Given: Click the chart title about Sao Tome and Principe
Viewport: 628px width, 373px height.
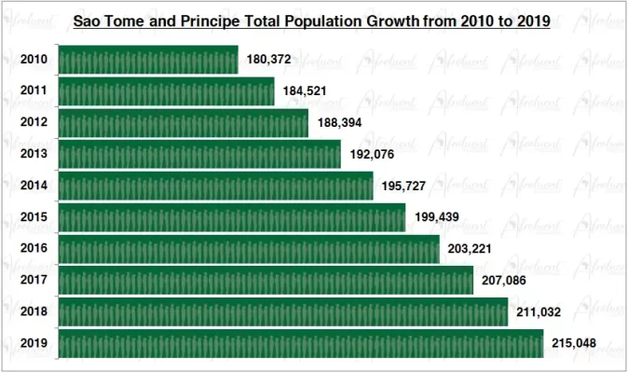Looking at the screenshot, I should pos(312,19).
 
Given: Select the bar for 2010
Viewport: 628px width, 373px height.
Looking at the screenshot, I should pos(148,60).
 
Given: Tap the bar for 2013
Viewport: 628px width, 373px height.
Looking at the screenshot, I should pos(199,154).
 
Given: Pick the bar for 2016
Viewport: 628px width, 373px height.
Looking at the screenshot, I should pos(249,249).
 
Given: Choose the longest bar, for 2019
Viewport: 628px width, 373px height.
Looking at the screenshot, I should pos(300,344).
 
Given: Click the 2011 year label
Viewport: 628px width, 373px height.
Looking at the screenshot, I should pos(34,90).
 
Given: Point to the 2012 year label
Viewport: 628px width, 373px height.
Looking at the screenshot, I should pos(34,122).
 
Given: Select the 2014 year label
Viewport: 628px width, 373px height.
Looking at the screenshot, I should pos(34,186).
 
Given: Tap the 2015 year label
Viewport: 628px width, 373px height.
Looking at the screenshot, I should pos(34,217).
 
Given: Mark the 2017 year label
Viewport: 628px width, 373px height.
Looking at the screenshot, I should pos(34,281).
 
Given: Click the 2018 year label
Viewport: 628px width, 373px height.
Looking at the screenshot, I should pos(34,312).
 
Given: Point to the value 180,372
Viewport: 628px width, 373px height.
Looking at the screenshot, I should pos(269,60).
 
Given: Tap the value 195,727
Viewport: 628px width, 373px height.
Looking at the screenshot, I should pos(403,186).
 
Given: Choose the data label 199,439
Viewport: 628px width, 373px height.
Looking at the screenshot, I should pos(437,218).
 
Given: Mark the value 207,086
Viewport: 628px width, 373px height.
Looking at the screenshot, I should pos(505,282).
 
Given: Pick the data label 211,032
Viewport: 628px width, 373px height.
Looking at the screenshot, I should pos(539,313).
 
